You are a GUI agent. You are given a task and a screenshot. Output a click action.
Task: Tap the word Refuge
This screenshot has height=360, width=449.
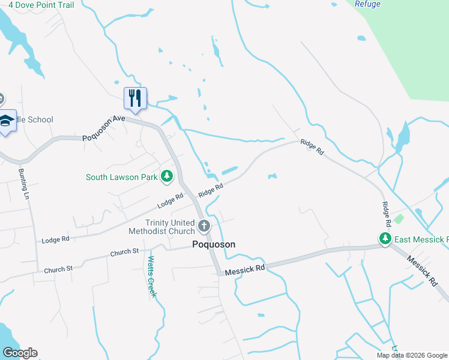[x=367, y=4]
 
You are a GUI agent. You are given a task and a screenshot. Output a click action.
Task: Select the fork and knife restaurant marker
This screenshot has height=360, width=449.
[x=135, y=98]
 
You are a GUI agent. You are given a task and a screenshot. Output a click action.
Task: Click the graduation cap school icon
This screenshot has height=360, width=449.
[x=7, y=121]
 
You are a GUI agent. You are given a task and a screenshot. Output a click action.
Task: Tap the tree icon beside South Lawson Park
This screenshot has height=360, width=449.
[x=167, y=176]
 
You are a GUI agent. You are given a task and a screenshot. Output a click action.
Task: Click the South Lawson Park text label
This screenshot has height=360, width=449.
[x=121, y=177]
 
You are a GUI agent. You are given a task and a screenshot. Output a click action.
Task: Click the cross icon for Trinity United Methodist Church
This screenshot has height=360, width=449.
[x=204, y=226]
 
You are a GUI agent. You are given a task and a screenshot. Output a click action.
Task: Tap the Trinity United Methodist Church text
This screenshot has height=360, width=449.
[x=162, y=226]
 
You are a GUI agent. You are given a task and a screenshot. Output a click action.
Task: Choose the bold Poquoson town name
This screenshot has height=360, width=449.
[x=214, y=244]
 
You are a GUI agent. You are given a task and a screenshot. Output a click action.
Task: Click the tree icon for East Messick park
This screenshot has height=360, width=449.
[x=385, y=239]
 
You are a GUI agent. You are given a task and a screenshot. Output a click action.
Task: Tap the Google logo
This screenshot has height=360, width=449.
[x=19, y=353]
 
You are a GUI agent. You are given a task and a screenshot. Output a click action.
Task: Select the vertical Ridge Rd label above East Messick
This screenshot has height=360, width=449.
[x=387, y=214]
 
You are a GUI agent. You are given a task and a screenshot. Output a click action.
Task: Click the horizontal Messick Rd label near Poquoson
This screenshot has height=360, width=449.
[x=245, y=271]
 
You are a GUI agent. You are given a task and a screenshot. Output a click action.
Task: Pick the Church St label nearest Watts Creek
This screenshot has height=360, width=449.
[x=124, y=253]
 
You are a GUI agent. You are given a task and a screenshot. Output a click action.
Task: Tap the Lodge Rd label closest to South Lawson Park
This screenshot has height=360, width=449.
[x=170, y=202]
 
